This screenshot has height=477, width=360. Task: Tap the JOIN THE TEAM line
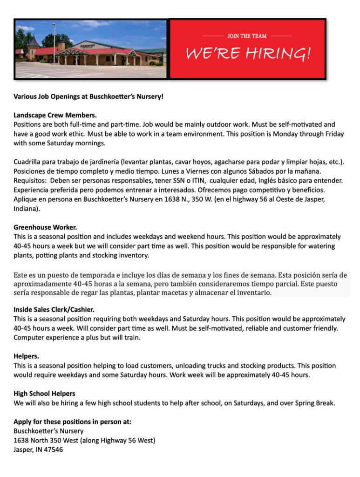tap(247, 35)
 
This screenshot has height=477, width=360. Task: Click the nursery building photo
tap(90, 49)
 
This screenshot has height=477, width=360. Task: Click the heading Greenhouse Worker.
tap(45, 227)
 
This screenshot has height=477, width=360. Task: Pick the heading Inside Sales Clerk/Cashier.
tap(54, 309)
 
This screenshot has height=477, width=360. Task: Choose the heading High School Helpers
tap(44, 394)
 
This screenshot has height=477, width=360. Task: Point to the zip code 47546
tap(53, 450)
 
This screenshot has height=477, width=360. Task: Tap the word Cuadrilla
tap(27, 162)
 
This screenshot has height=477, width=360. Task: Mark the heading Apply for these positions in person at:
tap(72, 422)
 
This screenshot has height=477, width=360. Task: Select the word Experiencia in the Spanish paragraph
tap(32, 190)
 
